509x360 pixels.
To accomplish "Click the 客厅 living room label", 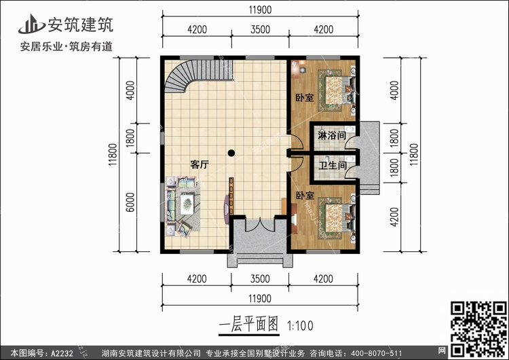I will tap(199, 164).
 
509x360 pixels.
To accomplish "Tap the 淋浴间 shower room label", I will tap(333, 135).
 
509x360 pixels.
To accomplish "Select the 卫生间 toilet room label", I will tap(333, 165).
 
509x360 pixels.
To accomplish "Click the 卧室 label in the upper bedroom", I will tap(304, 98).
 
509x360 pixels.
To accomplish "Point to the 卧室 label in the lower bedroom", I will tap(304, 195).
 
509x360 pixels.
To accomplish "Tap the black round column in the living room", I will tap(232, 153).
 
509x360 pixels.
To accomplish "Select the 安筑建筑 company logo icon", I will tap(31, 24).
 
